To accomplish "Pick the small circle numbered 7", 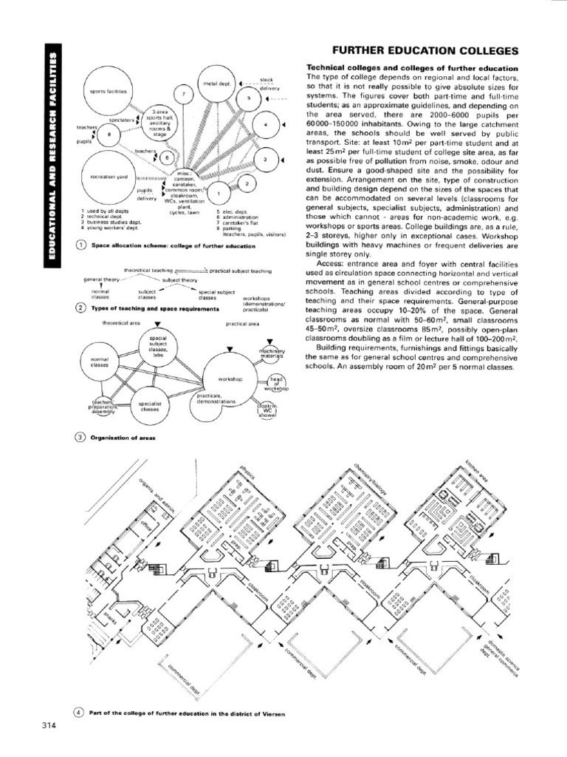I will (184, 95).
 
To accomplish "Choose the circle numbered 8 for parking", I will (109, 134).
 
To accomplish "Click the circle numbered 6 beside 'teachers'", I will (168, 158).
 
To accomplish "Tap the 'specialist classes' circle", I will (150, 406).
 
